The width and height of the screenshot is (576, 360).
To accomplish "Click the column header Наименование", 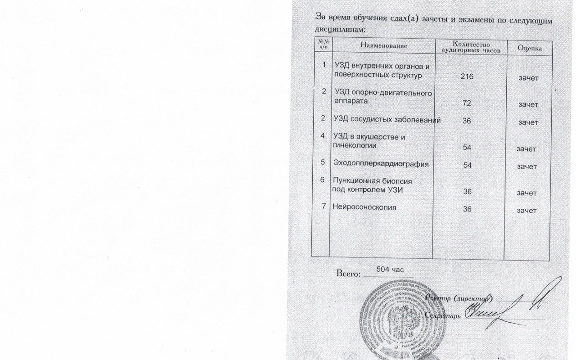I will tap(383, 46).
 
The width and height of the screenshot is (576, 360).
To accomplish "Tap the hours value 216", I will tap(467, 76).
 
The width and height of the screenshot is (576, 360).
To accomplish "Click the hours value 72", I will tap(467, 103).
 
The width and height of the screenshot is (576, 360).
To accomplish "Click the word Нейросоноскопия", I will tap(364, 207).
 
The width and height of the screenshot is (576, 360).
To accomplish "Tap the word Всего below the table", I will tap(349, 273).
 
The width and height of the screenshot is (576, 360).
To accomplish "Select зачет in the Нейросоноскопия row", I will tap(527, 210).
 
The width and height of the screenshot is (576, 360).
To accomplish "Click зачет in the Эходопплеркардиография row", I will tap(527, 166).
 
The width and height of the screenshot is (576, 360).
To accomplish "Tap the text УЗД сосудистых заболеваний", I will tap(387, 120).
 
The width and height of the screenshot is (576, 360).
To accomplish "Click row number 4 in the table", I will tap(322, 135).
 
